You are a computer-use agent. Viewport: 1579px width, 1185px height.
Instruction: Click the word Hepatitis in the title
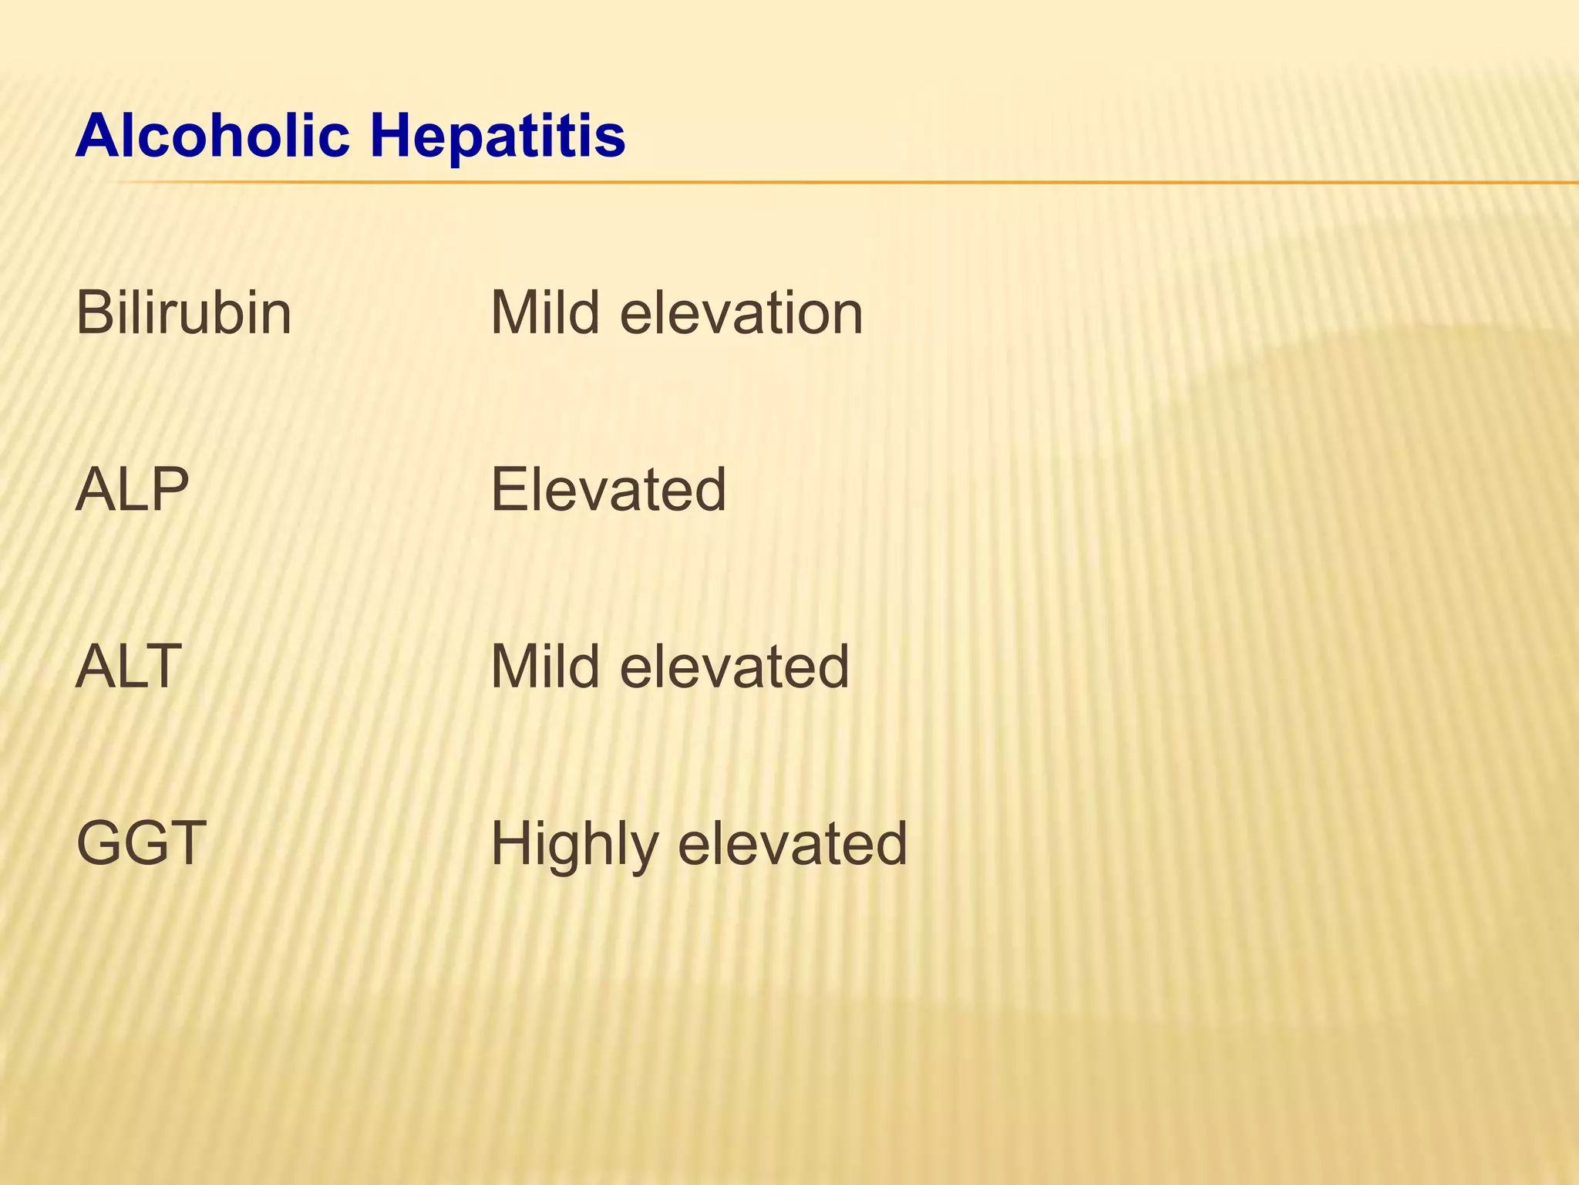click(497, 136)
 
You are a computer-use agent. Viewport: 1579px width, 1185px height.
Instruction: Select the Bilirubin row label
click(183, 313)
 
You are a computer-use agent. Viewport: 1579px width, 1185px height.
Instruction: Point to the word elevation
click(742, 313)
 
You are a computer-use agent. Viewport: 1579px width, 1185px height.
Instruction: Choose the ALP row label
click(132, 489)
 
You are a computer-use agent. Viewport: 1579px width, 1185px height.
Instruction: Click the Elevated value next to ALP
click(608, 489)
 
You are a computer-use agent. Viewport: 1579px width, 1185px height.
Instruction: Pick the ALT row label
click(129, 666)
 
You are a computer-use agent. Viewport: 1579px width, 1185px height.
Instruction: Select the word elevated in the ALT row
click(734, 666)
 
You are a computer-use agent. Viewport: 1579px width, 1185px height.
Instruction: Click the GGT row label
click(141, 842)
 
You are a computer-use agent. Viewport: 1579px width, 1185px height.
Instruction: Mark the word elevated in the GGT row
click(792, 842)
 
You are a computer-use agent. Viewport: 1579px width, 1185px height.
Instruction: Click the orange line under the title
click(848, 183)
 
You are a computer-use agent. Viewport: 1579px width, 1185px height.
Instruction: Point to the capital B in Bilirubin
click(94, 313)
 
